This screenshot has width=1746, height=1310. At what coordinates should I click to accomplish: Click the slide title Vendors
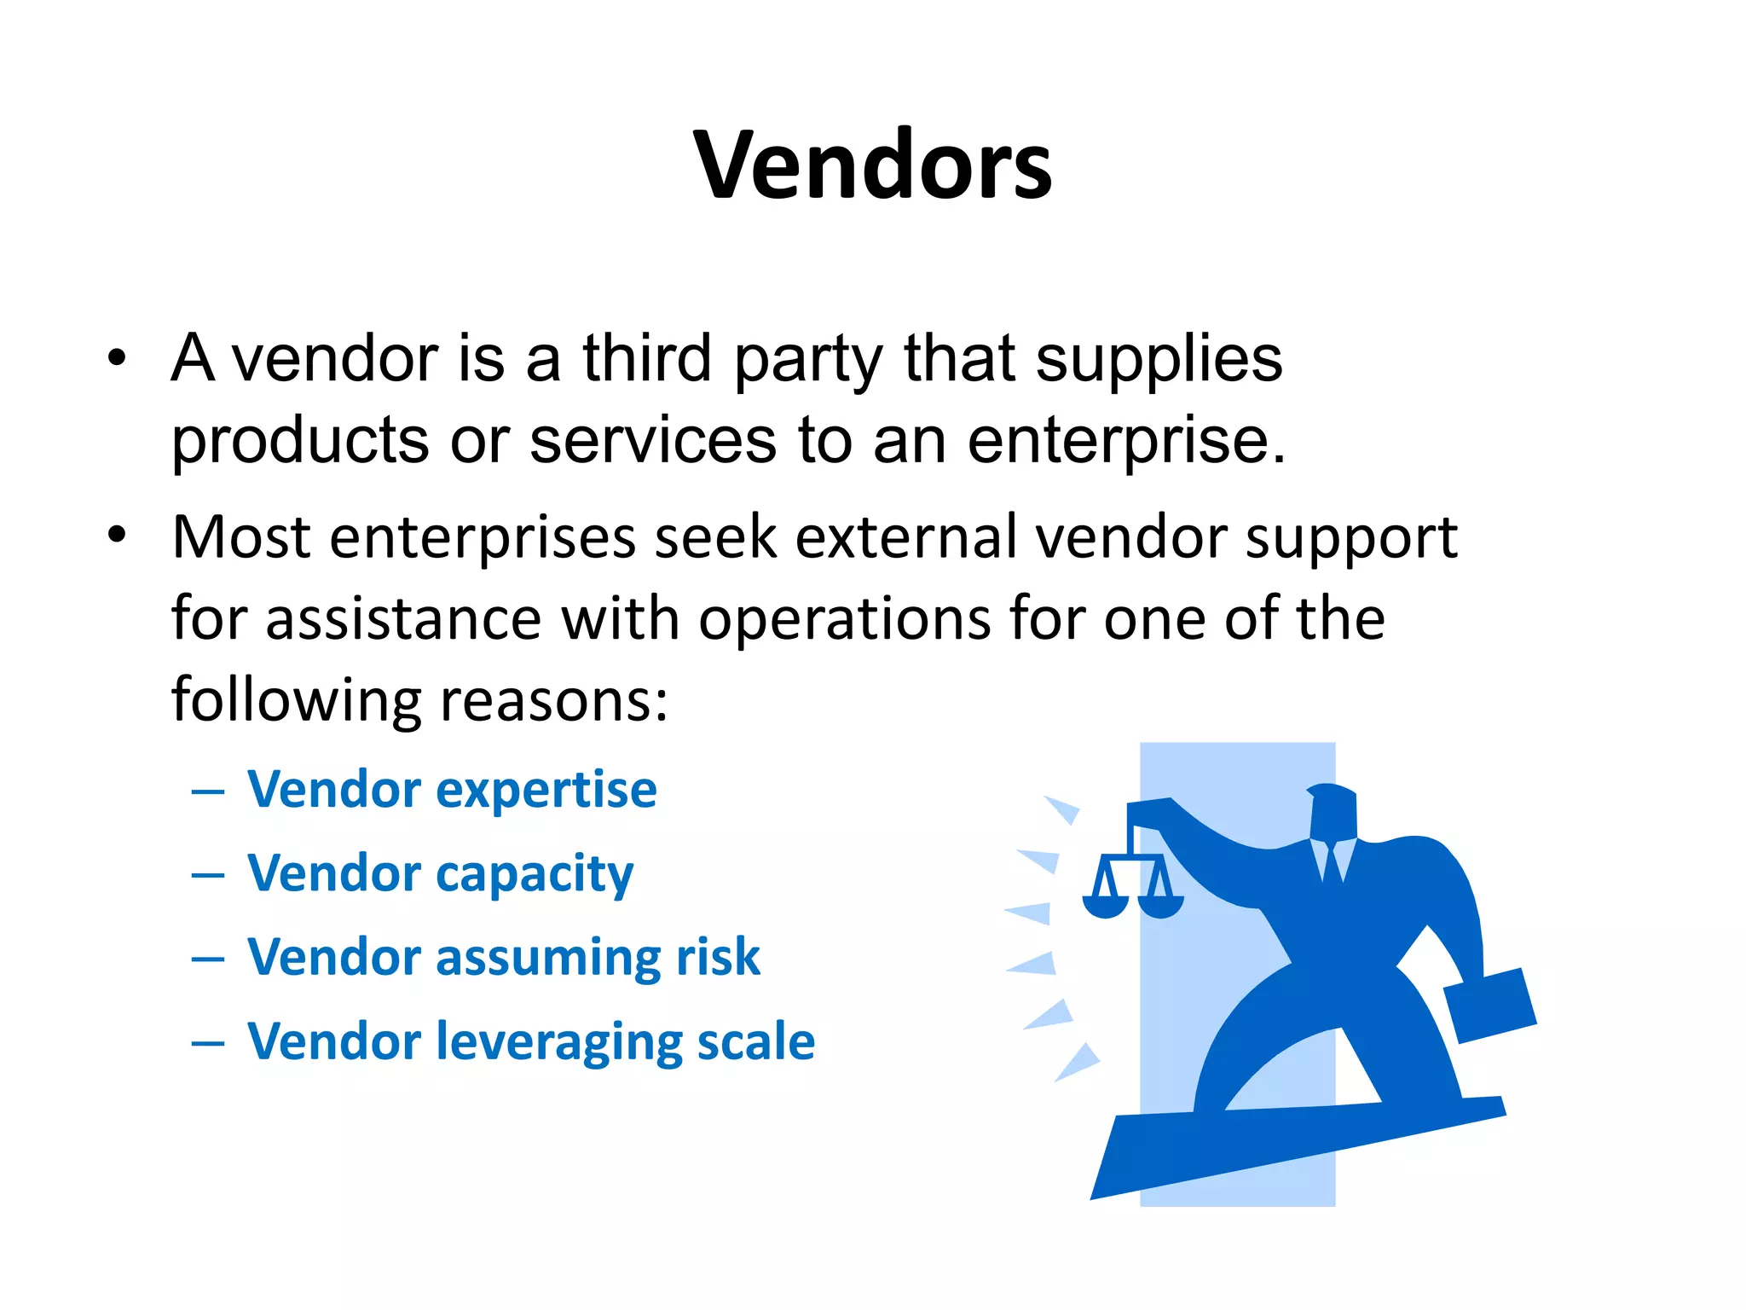[x=873, y=165]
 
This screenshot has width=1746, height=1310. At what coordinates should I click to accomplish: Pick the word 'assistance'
[x=403, y=618]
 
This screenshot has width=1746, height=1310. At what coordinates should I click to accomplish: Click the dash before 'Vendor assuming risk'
[x=208, y=959]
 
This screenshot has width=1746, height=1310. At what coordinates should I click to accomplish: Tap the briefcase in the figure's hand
[x=1489, y=1006]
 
